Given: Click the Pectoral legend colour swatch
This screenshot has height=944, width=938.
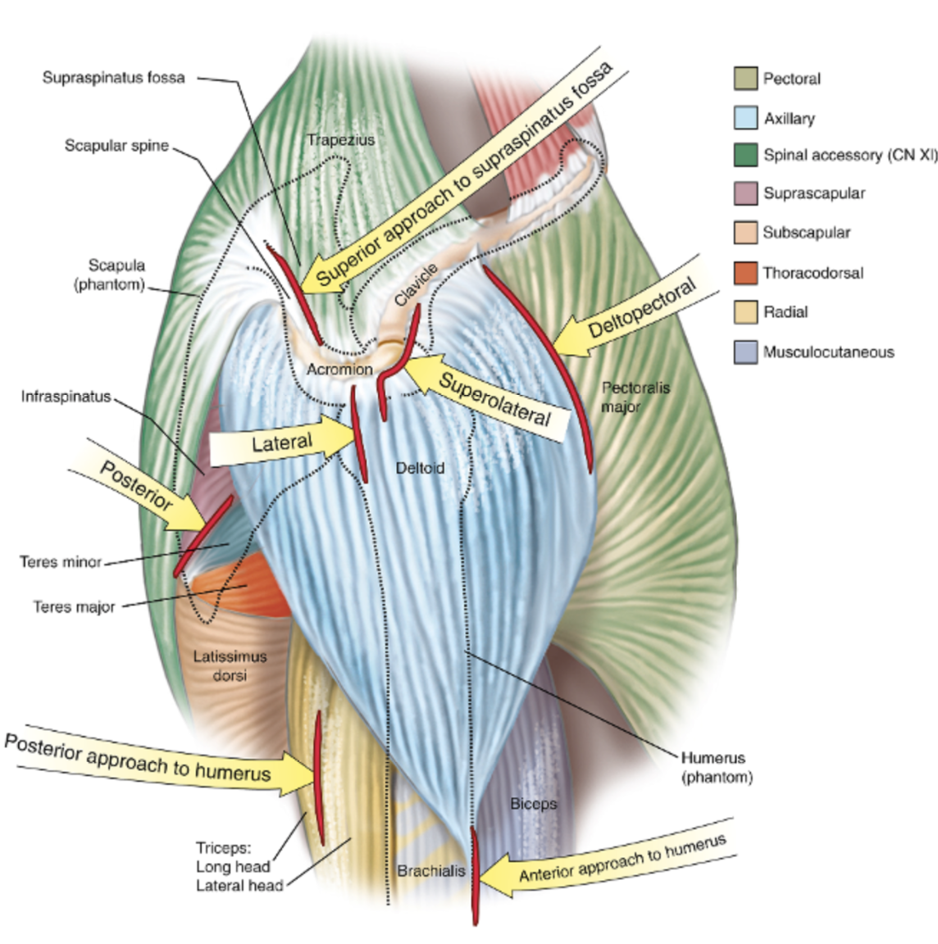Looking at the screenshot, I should (x=745, y=79).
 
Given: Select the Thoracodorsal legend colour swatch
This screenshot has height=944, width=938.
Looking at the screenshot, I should (x=745, y=273).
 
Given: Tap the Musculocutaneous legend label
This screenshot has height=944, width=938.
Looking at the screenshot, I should (x=828, y=352).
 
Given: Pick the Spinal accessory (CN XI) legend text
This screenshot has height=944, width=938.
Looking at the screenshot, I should (x=850, y=155).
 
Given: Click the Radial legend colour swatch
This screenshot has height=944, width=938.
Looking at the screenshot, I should (x=745, y=312).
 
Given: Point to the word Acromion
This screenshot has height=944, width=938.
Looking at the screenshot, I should (x=339, y=370).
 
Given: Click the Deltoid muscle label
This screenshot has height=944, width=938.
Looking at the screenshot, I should (x=420, y=468).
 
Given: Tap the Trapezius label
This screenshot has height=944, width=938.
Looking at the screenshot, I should (x=341, y=140).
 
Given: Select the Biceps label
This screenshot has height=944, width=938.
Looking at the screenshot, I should (x=533, y=804).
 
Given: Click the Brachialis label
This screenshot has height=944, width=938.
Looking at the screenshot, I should (x=430, y=871).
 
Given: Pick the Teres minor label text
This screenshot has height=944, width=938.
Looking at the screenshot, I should (x=61, y=562).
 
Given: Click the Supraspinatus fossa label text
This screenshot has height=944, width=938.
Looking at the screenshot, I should (x=114, y=78).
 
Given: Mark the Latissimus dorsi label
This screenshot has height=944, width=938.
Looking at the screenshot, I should (x=230, y=665).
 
